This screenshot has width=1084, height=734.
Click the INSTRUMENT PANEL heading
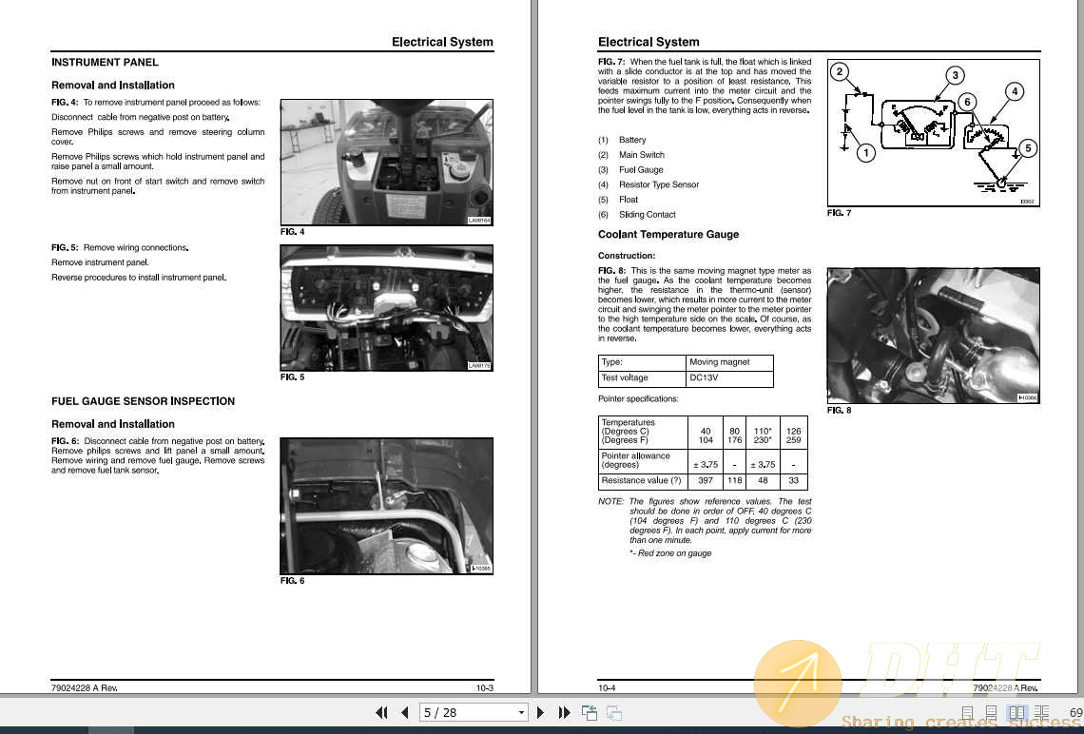pyautogui.click(x=105, y=63)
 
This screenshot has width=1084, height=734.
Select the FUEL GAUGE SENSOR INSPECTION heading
pyautogui.click(x=143, y=401)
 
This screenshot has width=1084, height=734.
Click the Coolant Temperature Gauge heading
pyautogui.click(x=668, y=235)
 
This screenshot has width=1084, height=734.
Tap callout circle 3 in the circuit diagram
pyautogui.click(x=955, y=75)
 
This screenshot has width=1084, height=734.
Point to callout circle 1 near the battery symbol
pyautogui.click(x=864, y=152)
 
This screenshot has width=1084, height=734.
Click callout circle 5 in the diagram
pyautogui.click(x=1026, y=149)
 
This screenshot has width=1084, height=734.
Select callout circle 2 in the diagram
pyautogui.click(x=840, y=71)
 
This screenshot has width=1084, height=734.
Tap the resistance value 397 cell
pyautogui.click(x=705, y=481)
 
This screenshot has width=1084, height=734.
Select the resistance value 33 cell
pyautogui.click(x=793, y=481)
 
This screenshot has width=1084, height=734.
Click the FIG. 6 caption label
pyautogui.click(x=292, y=581)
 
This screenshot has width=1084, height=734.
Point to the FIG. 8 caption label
pyautogui.click(x=839, y=411)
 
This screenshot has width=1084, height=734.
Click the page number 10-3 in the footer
pyautogui.click(x=484, y=687)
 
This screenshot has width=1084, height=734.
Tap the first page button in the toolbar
pyautogui.click(x=381, y=712)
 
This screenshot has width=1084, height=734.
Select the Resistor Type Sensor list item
pyautogui.click(x=658, y=185)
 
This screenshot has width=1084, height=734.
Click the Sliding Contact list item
pyautogui.click(x=647, y=215)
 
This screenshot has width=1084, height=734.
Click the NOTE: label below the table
pyautogui.click(x=610, y=502)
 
